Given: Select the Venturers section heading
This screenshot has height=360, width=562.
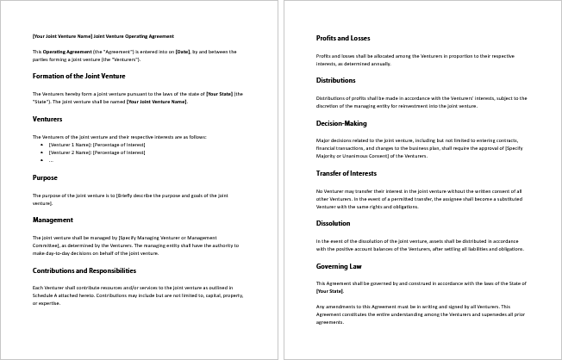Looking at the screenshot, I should point(47,119).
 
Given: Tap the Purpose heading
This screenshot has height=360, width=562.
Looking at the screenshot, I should point(45,177).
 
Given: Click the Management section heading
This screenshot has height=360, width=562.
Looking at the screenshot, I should point(53,220).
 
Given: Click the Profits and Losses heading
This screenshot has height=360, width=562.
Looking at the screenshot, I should point(343,39).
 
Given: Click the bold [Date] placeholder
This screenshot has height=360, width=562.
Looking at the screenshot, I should point(182,52).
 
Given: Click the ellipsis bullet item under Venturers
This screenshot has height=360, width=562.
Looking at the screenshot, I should point(51,159).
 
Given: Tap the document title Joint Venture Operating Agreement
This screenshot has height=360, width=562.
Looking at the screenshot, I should point(103,36).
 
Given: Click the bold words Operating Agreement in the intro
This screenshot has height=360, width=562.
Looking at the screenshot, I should point(61,52).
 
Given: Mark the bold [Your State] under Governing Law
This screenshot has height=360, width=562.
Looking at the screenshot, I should point(328,290).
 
